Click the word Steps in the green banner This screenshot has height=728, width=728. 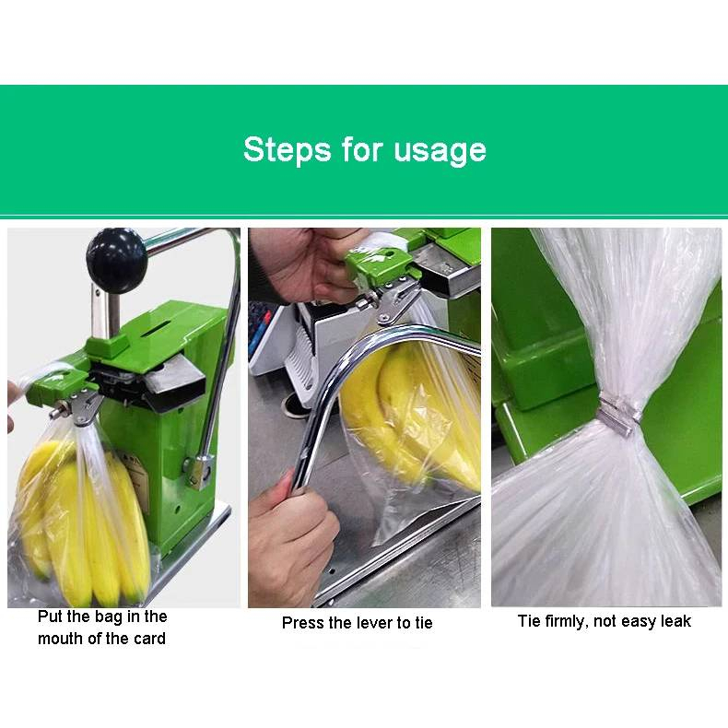[287, 150]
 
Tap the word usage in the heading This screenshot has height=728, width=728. [440, 151]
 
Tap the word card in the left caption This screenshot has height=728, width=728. [149, 639]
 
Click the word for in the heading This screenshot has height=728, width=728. [362, 149]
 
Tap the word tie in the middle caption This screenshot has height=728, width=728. [423, 623]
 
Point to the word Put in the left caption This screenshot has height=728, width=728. [50, 616]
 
